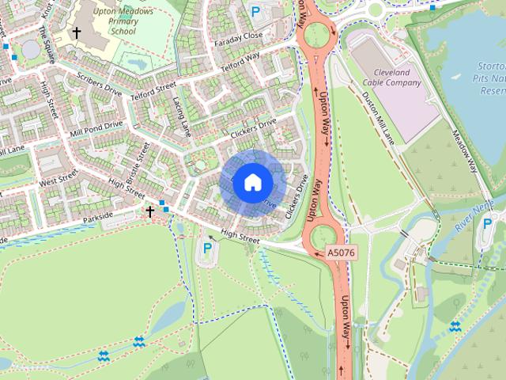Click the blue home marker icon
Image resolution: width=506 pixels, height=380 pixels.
252,182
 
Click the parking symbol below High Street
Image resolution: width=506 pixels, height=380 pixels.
207,249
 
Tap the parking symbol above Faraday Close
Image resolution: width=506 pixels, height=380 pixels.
255,12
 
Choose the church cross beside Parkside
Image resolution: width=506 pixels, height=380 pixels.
149,211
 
